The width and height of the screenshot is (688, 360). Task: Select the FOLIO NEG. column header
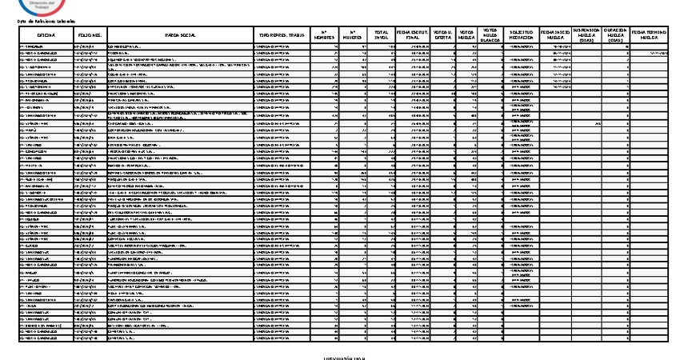point(89,36)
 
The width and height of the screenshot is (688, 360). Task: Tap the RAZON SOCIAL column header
point(178,36)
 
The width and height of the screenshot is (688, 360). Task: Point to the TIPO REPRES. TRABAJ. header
point(280,36)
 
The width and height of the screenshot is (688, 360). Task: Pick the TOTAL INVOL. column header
point(381,36)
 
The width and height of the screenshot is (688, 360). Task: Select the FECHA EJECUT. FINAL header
point(413,36)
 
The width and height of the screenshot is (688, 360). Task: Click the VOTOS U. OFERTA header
point(443,36)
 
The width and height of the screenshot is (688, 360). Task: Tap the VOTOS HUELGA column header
point(467,36)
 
